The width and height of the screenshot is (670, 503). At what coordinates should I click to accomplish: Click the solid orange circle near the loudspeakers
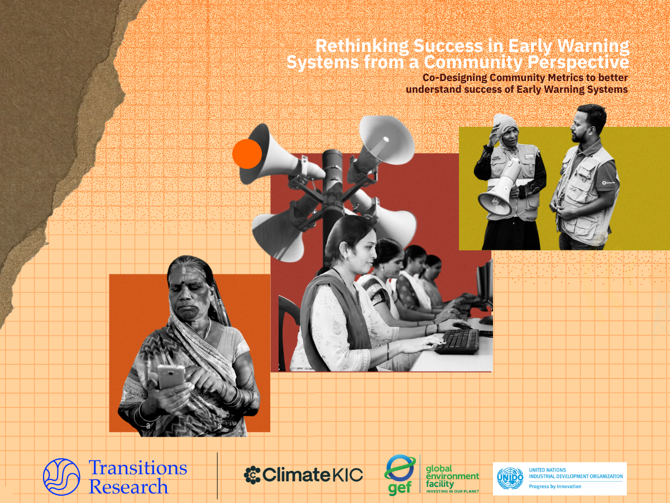[x=247, y=154]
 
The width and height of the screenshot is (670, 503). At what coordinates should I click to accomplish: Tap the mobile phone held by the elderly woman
[x=171, y=377]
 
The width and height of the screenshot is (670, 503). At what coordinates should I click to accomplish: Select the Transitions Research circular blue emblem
[x=61, y=477]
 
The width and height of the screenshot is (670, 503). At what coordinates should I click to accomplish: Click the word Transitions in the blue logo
[x=138, y=468]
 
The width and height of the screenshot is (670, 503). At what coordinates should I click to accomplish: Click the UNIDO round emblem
[x=510, y=478]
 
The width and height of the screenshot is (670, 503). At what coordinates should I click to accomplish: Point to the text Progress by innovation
[x=555, y=486]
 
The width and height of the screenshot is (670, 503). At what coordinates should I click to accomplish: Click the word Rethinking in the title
[x=362, y=46]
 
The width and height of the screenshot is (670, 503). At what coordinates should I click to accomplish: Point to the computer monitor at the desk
[x=485, y=290]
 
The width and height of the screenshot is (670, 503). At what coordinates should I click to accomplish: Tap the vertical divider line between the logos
[x=217, y=476]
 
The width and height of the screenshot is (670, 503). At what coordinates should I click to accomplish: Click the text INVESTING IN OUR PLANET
[x=452, y=491]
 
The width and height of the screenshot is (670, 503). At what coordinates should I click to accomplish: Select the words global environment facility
[x=452, y=476]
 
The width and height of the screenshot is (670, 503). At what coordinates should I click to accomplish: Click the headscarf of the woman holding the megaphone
[x=505, y=125]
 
